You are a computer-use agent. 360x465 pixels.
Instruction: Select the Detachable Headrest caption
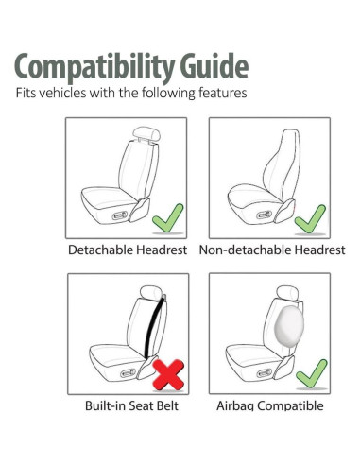click(x=127, y=250)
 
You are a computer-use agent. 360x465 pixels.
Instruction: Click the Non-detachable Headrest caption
click(x=271, y=250)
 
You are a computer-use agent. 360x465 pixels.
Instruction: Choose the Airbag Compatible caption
click(x=269, y=406)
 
